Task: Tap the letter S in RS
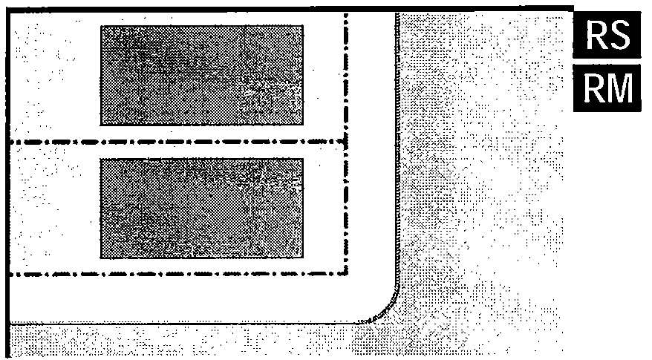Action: click(x=619, y=34)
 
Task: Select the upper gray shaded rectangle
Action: click(x=201, y=74)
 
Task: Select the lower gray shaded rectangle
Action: click(x=201, y=208)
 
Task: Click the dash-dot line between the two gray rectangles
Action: click(x=178, y=141)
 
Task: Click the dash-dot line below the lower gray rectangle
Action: click(x=178, y=273)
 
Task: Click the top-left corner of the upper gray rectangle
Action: click(x=101, y=25)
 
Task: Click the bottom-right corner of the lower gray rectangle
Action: click(x=302, y=258)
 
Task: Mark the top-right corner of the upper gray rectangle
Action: click(x=302, y=25)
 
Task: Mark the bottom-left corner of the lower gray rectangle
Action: click(x=101, y=258)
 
